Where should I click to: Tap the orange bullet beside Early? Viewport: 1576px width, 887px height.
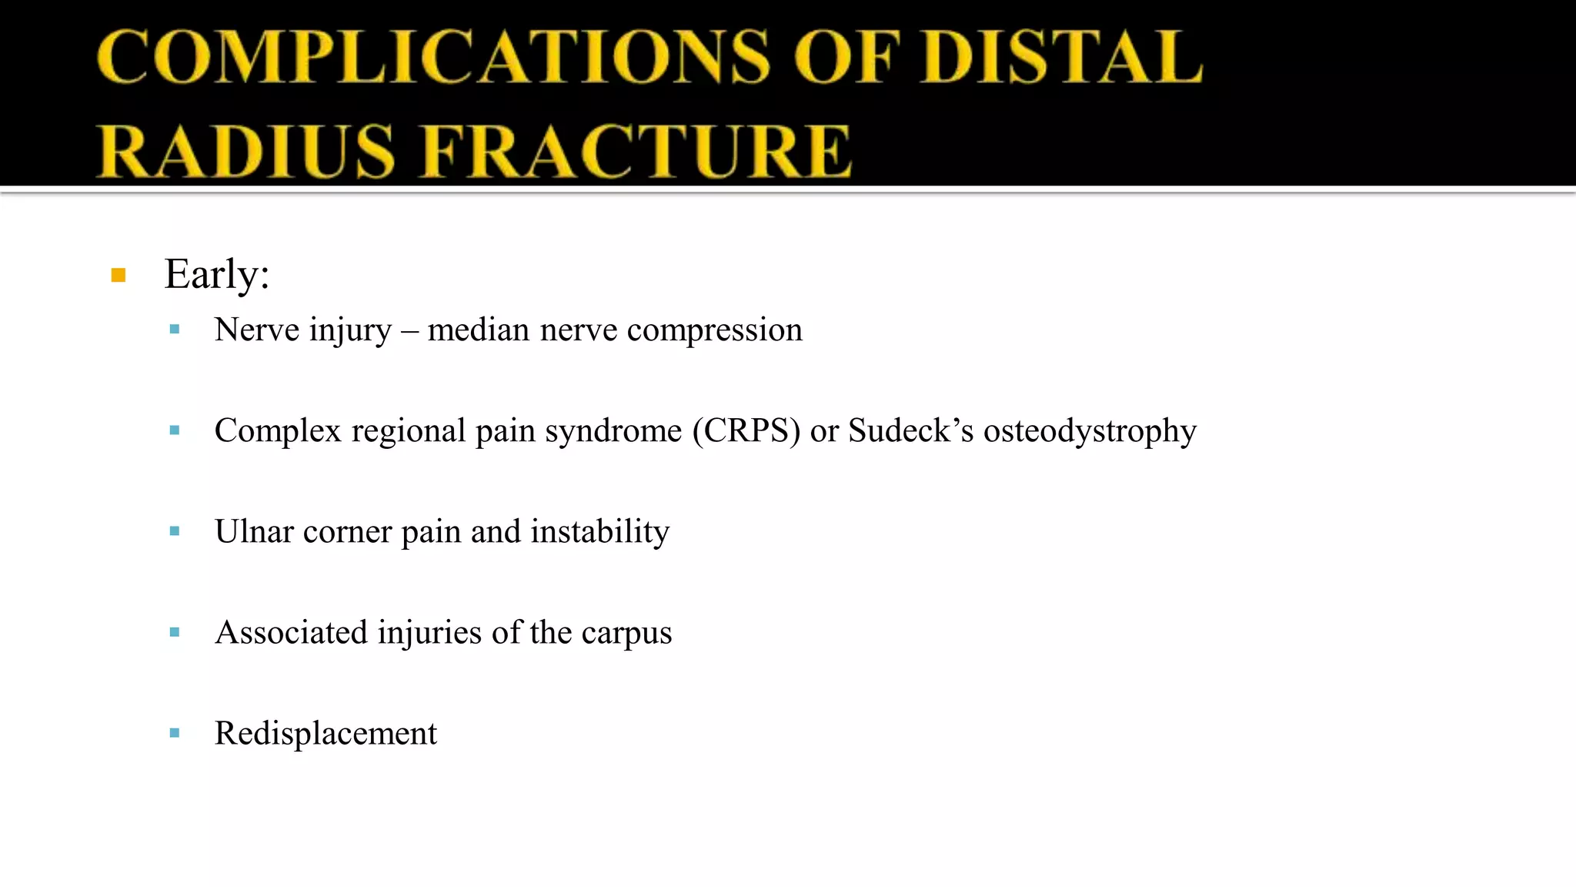[x=119, y=276]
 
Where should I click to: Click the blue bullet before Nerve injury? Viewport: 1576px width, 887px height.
[x=175, y=330]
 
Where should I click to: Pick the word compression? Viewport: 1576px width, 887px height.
[x=714, y=330]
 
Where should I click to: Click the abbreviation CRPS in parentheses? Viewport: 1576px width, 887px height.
[x=746, y=430]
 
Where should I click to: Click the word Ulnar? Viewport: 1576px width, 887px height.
[x=254, y=531]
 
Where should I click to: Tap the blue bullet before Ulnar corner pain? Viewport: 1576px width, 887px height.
[x=175, y=531]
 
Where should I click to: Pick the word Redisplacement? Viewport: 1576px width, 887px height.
[x=326, y=733]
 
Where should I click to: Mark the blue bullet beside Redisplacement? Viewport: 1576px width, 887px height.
[x=175, y=733]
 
